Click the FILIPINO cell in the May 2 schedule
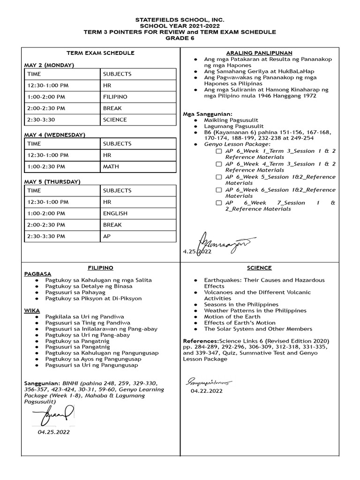click(115, 97)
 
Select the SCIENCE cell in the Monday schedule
click(115, 120)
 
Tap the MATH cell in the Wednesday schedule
click(111, 166)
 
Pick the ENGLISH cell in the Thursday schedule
click(115, 213)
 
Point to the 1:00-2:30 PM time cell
click(46, 166)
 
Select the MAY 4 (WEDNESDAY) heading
click(54, 135)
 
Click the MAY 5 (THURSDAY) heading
click(52, 181)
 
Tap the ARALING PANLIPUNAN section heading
click(259, 53)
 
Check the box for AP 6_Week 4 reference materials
click(219, 165)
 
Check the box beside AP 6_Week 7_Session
click(219, 203)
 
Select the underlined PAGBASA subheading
click(37, 274)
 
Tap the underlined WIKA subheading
click(32, 310)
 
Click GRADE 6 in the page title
click(180, 38)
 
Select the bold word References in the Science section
click(200, 341)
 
